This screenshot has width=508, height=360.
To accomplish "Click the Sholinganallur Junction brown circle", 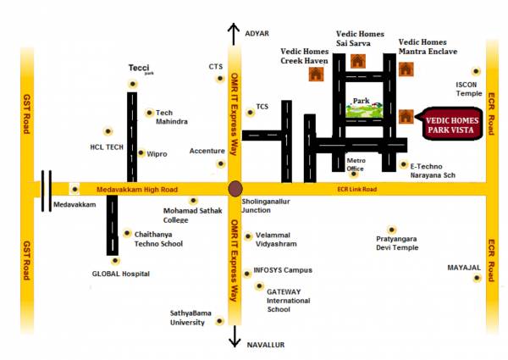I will pos(235,188).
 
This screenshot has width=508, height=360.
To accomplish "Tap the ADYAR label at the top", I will pos(257,33).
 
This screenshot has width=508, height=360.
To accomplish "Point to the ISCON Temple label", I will pos(468,89).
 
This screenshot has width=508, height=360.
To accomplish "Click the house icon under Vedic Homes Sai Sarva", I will pos(357,61).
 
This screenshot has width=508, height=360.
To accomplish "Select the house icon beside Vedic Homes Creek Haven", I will pos(317,74).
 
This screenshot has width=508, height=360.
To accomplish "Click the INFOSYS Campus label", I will pos(284,271).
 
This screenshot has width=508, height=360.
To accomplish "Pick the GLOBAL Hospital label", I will pos(121,274).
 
